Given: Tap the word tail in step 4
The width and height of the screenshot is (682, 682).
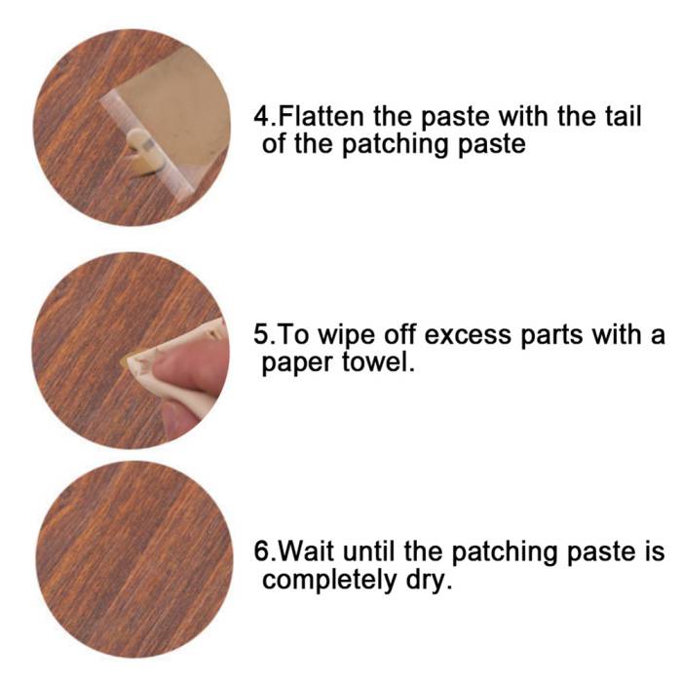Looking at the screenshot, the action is point(623,117).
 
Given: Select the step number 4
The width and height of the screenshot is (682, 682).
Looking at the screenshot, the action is point(262,117).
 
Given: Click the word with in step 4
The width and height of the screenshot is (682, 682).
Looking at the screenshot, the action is point(524,117).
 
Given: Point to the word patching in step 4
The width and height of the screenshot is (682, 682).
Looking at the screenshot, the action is point(396,144).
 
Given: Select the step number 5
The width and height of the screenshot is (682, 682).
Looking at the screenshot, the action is point(261,335).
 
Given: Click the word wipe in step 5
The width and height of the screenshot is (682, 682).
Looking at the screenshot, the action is point(346,337).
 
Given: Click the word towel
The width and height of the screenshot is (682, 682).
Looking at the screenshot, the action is point(377,362).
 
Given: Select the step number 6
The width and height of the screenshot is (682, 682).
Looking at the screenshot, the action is point(262,552).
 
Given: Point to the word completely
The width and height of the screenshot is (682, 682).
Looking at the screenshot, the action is point(329,581).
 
